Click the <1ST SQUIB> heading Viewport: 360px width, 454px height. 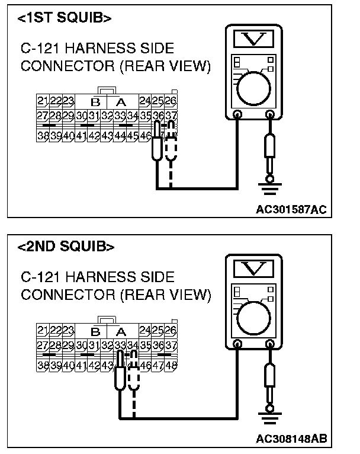[x=65, y=18]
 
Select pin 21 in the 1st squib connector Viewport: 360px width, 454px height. [x=42, y=100]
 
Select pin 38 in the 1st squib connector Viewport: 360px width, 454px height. [x=42, y=136]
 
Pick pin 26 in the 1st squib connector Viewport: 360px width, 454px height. [x=171, y=100]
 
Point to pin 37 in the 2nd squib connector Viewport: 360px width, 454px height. [x=171, y=346]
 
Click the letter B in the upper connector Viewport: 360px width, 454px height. [x=94, y=101]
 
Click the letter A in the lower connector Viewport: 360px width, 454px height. [x=121, y=331]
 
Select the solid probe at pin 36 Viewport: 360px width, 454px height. [x=157, y=142]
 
